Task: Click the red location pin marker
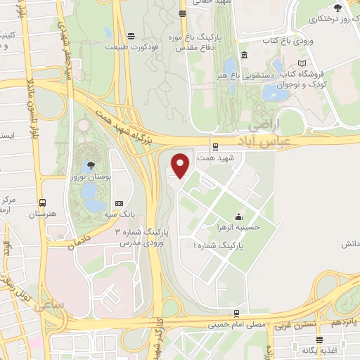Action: tap(181, 165)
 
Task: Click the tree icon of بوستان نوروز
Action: tap(89, 167)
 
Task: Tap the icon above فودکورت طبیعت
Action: tap(131, 37)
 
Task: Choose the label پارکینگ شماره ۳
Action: tap(142, 232)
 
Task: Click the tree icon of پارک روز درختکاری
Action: tap(338, 8)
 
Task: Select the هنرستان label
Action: tap(49, 213)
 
